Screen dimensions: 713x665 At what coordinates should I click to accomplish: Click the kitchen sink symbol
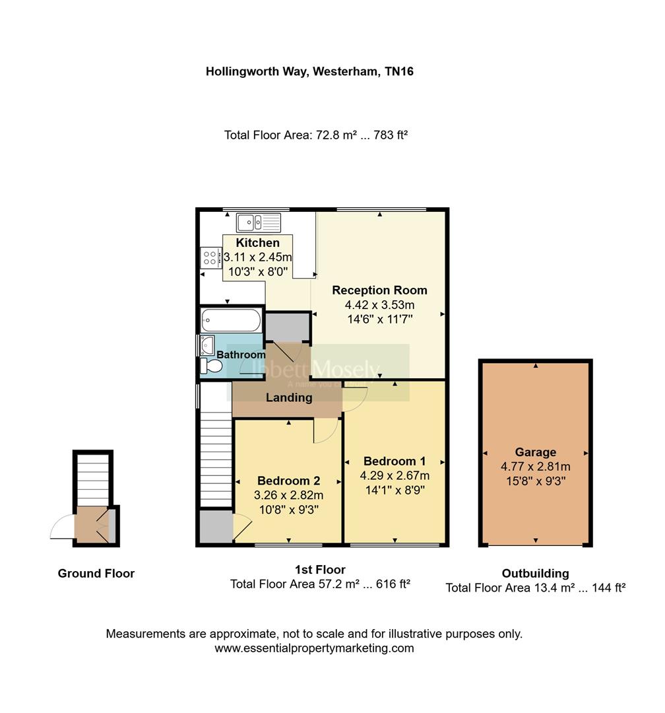[x=259, y=222]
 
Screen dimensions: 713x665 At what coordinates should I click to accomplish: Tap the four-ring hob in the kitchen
[x=211, y=256]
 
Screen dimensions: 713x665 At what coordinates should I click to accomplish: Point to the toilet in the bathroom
[x=211, y=366]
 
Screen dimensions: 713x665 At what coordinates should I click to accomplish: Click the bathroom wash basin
[x=208, y=344]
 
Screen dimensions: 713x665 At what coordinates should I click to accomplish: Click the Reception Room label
[x=379, y=290]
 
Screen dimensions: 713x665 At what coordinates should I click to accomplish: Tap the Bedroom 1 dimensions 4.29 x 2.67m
[x=395, y=475]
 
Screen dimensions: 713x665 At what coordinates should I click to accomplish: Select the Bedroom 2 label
[x=288, y=480]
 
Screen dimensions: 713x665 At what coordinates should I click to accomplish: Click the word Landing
[x=289, y=397]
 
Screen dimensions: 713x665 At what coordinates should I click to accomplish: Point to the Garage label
[x=535, y=452]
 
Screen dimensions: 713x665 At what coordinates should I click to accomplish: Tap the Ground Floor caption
[x=96, y=573]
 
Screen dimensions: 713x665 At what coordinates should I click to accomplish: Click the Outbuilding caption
[x=535, y=573]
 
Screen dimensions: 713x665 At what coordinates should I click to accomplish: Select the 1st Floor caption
[x=320, y=569]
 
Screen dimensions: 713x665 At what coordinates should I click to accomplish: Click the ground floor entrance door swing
[x=63, y=527]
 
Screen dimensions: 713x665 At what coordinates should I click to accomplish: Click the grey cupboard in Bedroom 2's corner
[x=216, y=527]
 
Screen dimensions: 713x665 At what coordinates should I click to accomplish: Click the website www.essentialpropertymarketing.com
[x=314, y=648]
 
